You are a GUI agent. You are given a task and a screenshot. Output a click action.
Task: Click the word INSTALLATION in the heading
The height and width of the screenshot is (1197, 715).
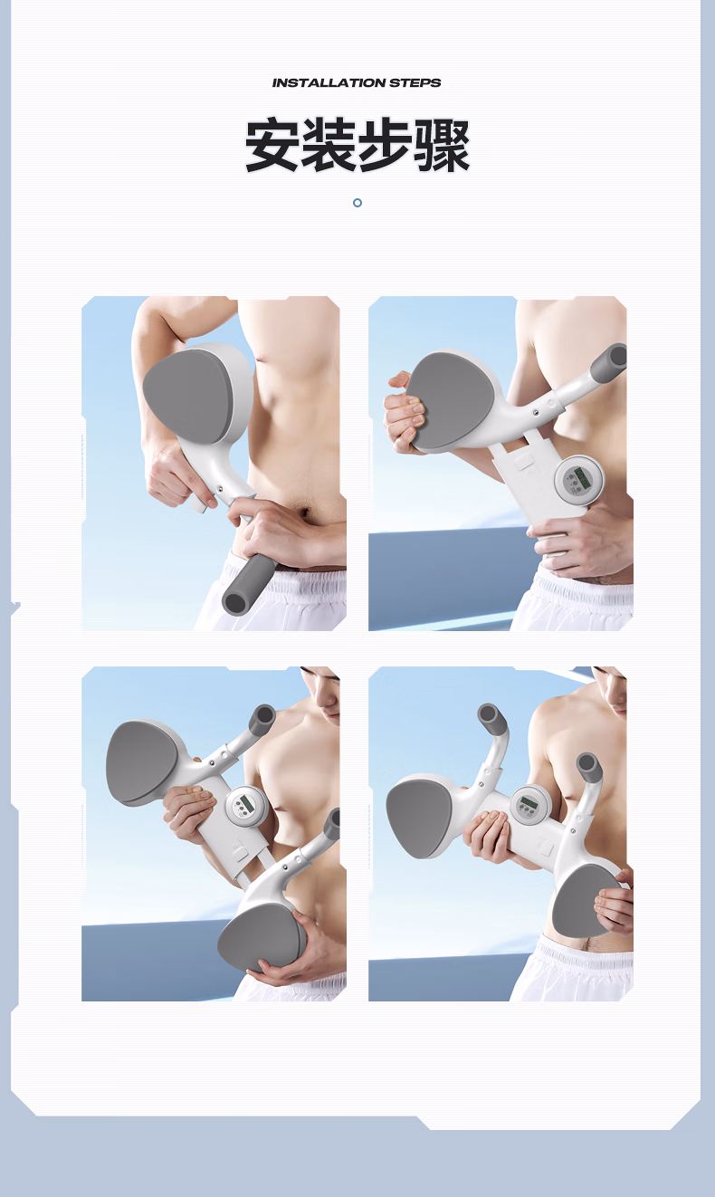329,82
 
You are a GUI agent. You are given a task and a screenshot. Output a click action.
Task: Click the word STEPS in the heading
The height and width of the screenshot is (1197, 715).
415,82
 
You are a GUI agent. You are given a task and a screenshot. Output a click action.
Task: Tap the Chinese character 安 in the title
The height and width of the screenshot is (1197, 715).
272,145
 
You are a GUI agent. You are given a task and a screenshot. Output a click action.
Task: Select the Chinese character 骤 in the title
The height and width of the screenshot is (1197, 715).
443,146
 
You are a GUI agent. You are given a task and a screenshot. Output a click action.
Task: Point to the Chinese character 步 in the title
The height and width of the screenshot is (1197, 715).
386,145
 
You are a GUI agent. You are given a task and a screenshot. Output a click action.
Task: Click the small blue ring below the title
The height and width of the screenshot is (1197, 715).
357,203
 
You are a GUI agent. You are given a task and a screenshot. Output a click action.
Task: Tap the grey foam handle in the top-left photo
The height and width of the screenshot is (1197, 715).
249,584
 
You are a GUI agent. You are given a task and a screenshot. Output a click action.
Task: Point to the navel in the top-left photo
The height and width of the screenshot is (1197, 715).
306,514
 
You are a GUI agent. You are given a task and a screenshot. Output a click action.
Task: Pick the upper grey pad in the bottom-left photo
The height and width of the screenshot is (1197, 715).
141,762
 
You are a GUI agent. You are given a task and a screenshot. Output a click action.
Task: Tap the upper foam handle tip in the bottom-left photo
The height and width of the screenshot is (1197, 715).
265,715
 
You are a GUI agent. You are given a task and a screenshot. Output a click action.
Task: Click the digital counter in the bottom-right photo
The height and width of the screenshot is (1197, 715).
529,806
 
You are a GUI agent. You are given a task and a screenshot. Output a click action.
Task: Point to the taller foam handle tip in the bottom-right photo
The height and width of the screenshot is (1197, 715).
489,713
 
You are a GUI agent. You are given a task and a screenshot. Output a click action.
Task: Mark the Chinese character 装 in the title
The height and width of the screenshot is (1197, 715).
329,145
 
